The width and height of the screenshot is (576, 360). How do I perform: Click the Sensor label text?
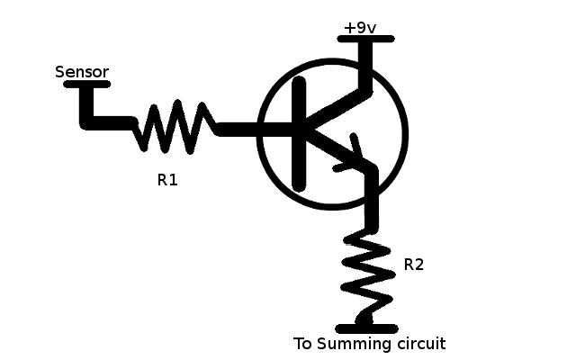[82, 71]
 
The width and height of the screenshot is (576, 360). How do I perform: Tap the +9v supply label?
[359, 27]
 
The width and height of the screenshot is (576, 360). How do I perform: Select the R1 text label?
[167, 180]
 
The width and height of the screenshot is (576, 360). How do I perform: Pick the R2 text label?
[413, 265]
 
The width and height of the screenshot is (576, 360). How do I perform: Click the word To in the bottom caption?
[303, 344]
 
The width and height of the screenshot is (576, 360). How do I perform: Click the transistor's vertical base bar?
[299, 132]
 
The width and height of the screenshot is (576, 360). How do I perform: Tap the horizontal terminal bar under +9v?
[365, 39]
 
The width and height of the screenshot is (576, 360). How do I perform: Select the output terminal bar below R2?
[365, 328]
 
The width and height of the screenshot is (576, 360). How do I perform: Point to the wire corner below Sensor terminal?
[86, 121]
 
